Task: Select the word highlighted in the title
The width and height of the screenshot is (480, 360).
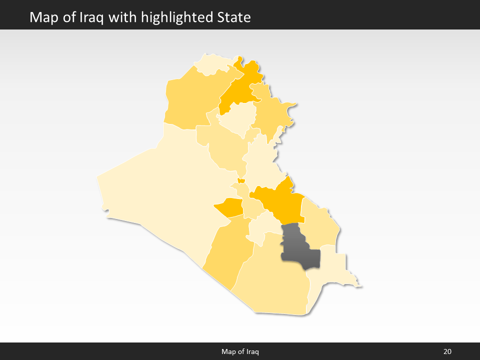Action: click(x=178, y=17)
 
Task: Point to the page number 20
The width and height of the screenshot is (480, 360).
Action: click(x=447, y=351)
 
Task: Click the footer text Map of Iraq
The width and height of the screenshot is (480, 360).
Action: click(x=240, y=351)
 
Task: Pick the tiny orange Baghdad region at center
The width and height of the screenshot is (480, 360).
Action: click(x=241, y=181)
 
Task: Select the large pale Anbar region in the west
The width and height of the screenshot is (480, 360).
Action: click(x=165, y=190)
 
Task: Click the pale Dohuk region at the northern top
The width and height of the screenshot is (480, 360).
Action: click(x=212, y=64)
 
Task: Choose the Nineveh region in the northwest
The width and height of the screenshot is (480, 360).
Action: click(x=187, y=100)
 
